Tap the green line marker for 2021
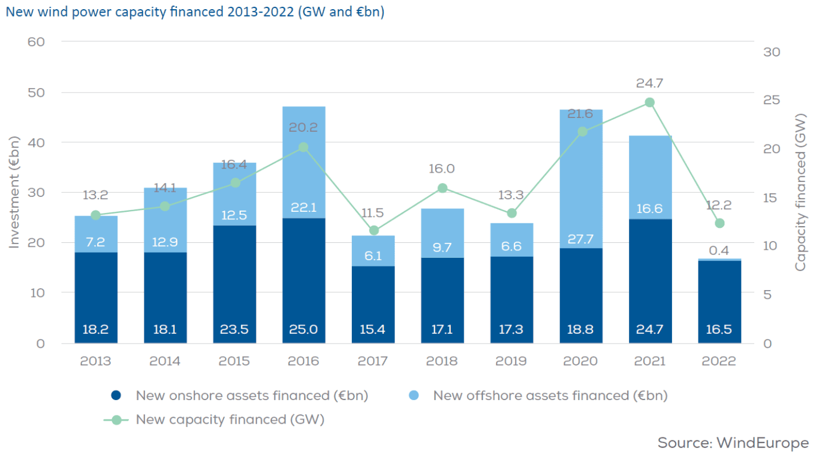tap(650, 102)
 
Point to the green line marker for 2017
tap(374, 230)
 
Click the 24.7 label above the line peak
tap(650, 83)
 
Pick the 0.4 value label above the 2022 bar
tap(719, 250)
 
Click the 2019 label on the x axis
tap(511, 361)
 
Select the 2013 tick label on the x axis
tap(96, 361)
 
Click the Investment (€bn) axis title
tap(14, 193)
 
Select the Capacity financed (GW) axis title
tap(801, 193)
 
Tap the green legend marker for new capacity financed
tap(117, 420)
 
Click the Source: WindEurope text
tap(733, 443)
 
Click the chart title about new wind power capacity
tap(194, 12)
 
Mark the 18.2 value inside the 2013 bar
tap(96, 330)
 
